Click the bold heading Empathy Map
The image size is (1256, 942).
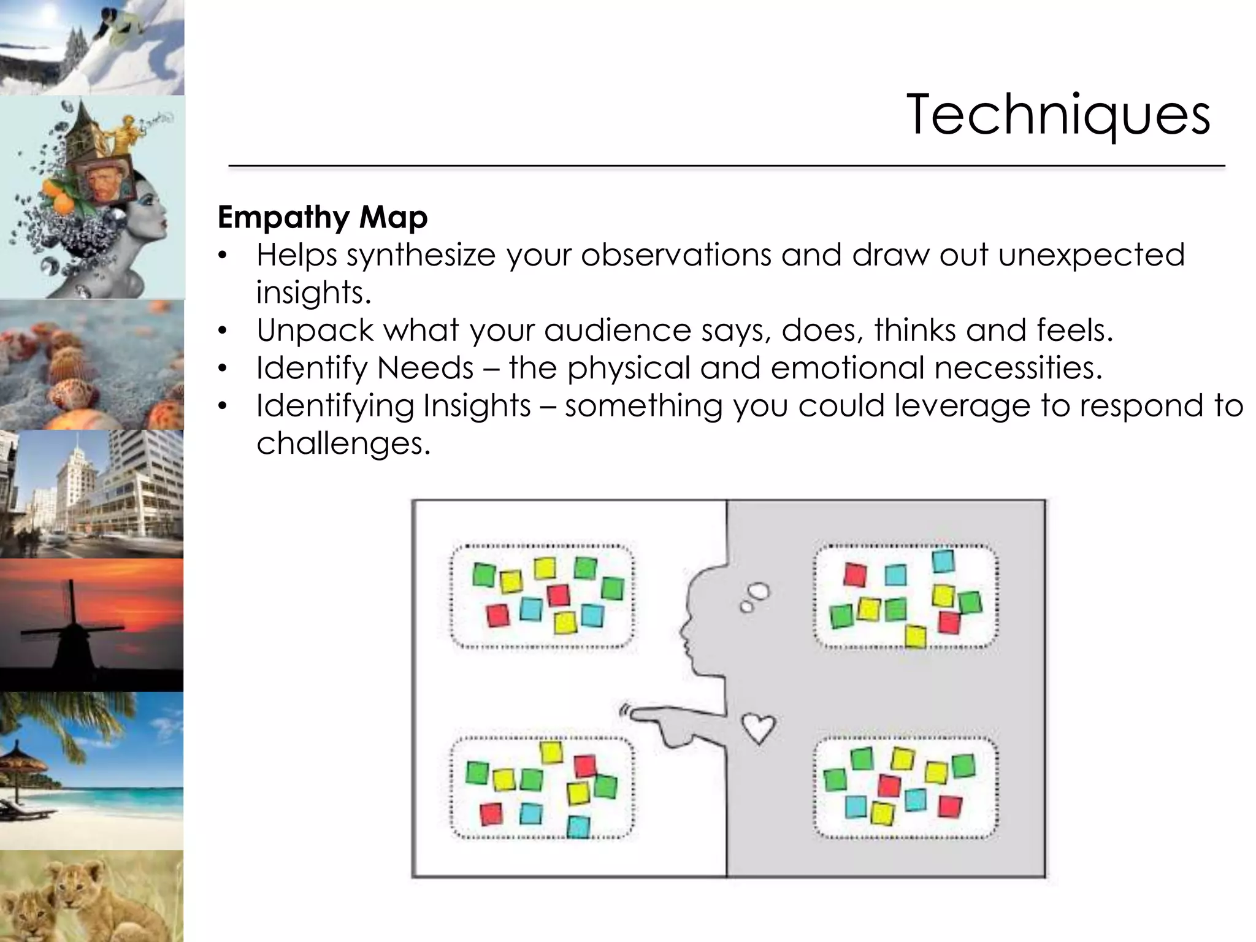pos(323,217)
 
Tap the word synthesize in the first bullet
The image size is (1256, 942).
pos(421,255)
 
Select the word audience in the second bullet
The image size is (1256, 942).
pos(618,331)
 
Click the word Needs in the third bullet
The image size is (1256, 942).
pos(425,368)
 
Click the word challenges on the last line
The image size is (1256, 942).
pos(343,443)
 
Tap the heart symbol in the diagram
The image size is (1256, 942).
pos(759,728)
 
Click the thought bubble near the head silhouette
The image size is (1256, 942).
pos(758,592)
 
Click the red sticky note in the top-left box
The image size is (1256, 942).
pos(497,615)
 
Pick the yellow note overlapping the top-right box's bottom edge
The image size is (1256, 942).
pos(915,636)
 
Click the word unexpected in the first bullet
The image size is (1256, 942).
pos(1091,255)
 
